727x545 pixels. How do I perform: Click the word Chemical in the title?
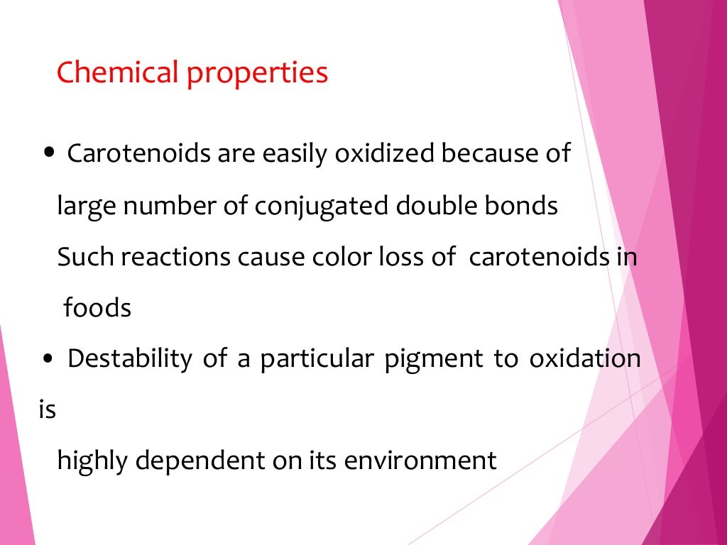pyautogui.click(x=117, y=72)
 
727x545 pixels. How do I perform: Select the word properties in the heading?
pyautogui.click(x=258, y=74)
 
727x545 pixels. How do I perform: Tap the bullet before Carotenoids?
pyautogui.click(x=48, y=153)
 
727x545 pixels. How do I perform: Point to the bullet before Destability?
pyautogui.click(x=48, y=359)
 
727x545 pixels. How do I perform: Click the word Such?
pyautogui.click(x=85, y=257)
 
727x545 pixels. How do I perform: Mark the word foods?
pyautogui.click(x=97, y=308)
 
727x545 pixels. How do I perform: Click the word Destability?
pyautogui.click(x=129, y=359)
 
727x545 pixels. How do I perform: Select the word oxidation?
pyautogui.click(x=584, y=359)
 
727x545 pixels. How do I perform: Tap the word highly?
pyautogui.click(x=92, y=462)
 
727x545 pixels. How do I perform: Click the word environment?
pyautogui.click(x=420, y=461)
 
